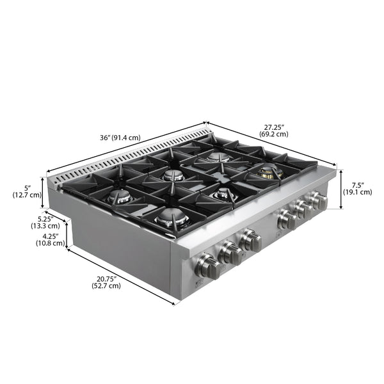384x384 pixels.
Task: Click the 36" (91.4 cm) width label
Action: (120, 138)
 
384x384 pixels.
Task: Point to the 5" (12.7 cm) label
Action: (28, 191)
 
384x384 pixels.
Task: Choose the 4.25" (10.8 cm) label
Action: (51, 239)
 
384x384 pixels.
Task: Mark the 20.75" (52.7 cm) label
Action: (106, 282)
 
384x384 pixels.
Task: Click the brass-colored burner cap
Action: (268, 171)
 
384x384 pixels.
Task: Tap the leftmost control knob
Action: (209, 266)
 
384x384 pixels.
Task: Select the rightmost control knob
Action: (317, 201)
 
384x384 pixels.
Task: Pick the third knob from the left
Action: (250, 242)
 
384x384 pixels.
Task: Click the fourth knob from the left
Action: (286, 220)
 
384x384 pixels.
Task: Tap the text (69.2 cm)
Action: (273, 134)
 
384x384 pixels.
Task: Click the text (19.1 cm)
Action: (357, 192)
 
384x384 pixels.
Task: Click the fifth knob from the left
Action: (302, 211)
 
